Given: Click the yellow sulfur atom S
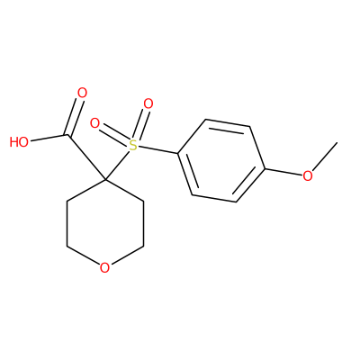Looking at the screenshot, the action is [x=132, y=146].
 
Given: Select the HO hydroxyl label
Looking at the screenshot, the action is [x=19, y=142].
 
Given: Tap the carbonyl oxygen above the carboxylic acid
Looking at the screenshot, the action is [x=82, y=93].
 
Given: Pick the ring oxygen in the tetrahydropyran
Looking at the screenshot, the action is [x=104, y=268].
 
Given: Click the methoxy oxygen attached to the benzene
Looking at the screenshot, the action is [x=308, y=176].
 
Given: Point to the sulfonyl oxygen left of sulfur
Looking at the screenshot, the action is [x=94, y=123].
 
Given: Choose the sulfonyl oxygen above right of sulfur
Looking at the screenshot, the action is [x=148, y=104].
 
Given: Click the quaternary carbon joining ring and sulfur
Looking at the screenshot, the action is [x=105, y=180].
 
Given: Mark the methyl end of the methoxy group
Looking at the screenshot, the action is [x=337, y=143].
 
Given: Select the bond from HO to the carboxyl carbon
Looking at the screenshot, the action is [x=49, y=138].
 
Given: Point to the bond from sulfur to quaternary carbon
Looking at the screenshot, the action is [x=117, y=166].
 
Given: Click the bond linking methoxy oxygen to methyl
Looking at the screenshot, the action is [x=325, y=157].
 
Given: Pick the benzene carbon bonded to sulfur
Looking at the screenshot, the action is [x=178, y=154].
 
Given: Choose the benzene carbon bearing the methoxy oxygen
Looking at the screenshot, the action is [x=265, y=169].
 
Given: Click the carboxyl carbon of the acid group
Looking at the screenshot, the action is [x=68, y=135].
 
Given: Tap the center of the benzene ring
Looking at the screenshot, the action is [x=221, y=161].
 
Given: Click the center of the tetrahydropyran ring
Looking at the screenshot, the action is [x=105, y=224].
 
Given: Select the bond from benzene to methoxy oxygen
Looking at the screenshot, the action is [x=283, y=172].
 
